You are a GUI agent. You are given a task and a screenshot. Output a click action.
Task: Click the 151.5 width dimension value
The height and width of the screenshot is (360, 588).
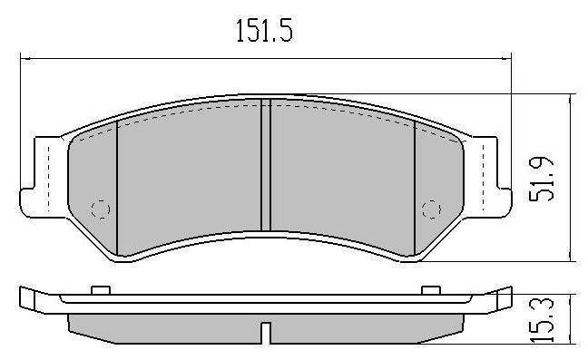(x=264, y=30)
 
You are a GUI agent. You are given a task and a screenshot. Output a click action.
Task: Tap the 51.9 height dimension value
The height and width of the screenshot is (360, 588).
(x=541, y=179)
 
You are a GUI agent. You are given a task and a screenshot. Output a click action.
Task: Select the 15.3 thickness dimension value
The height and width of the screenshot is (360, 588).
(x=541, y=320)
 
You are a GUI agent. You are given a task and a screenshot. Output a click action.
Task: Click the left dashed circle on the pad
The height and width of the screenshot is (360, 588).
(x=101, y=209)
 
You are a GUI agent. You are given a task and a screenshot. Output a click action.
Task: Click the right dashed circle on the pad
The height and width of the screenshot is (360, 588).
(x=431, y=209)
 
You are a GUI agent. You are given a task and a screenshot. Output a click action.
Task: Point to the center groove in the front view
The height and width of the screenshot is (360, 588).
(x=266, y=165)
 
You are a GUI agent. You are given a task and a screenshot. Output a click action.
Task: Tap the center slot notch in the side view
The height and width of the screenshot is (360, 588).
(x=266, y=332)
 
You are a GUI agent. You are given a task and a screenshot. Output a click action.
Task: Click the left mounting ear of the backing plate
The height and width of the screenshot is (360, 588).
(x=44, y=177)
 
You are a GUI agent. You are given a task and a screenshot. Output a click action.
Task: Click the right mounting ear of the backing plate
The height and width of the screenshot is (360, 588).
(x=487, y=177)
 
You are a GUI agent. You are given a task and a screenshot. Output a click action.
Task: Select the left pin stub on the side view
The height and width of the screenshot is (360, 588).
(x=101, y=290)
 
